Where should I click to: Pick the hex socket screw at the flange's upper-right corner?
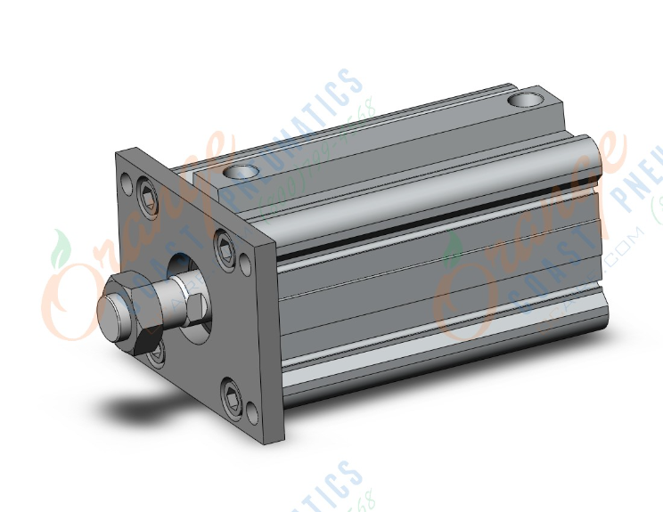[x=223, y=239]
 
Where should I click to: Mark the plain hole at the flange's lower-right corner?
[x=253, y=411]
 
